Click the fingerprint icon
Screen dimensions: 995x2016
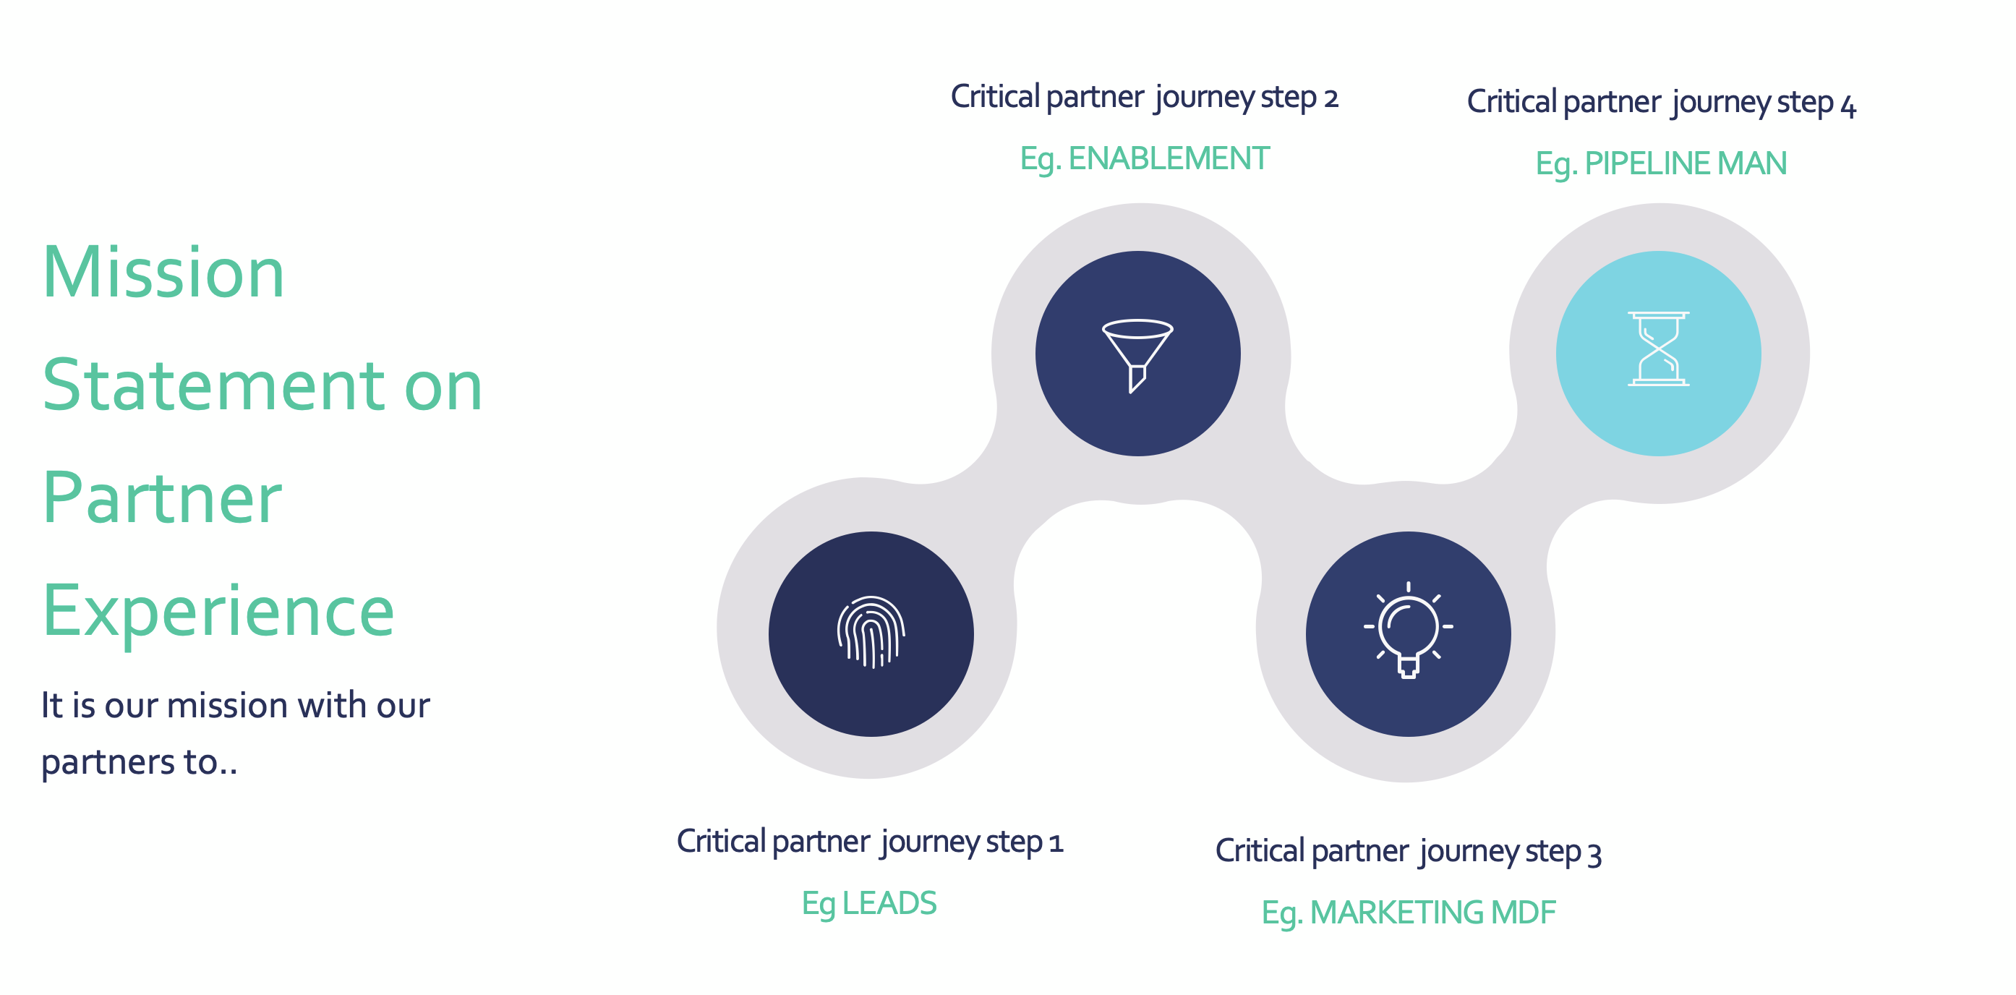(x=871, y=633)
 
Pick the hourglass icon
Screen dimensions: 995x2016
(x=1658, y=349)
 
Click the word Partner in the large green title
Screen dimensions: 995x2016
(x=162, y=498)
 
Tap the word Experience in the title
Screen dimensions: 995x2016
(x=218, y=612)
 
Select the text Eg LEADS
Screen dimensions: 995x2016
(x=868, y=903)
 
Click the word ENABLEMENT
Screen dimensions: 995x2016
(x=1169, y=159)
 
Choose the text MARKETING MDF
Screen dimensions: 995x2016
(x=1432, y=913)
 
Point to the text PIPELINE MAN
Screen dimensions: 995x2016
(x=1685, y=163)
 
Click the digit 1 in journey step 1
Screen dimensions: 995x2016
(x=1056, y=843)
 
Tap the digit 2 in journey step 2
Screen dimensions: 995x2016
(x=1331, y=98)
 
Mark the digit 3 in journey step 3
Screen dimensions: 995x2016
(x=1594, y=853)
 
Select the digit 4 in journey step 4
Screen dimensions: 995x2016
(x=1848, y=106)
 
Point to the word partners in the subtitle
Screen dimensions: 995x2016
(x=107, y=761)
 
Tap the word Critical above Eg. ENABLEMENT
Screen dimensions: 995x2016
(x=995, y=97)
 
